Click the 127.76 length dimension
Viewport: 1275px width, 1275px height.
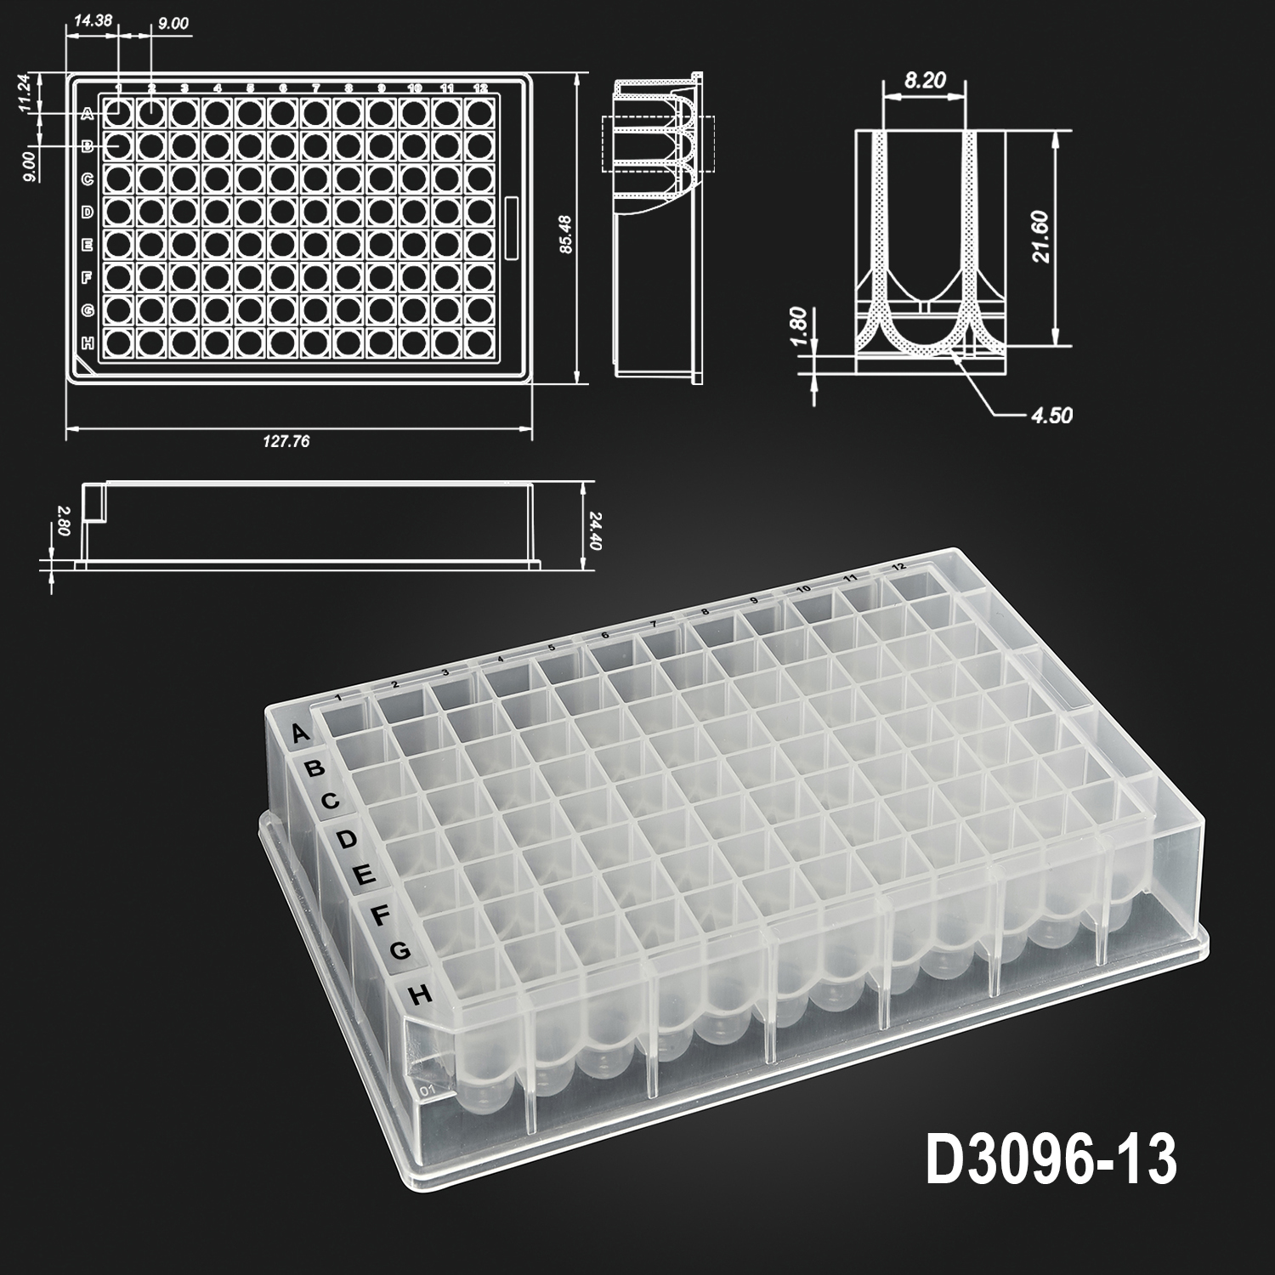pyautogui.click(x=286, y=441)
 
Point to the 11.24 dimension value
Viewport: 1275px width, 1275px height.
pyautogui.click(x=25, y=93)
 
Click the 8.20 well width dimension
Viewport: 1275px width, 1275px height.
pyautogui.click(x=924, y=82)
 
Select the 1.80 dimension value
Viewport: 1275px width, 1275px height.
pyautogui.click(x=797, y=325)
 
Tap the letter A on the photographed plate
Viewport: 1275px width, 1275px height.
pyautogui.click(x=299, y=734)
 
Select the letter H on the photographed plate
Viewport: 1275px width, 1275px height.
pyautogui.click(x=419, y=994)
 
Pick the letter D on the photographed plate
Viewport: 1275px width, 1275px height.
pyautogui.click(x=346, y=840)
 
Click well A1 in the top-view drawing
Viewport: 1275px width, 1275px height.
pyautogui.click(x=118, y=111)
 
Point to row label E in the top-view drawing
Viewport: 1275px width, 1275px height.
pyautogui.click(x=87, y=245)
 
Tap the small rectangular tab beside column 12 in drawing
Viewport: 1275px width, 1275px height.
pyautogui.click(x=512, y=228)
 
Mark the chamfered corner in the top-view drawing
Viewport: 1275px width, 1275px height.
pyautogui.click(x=82, y=366)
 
